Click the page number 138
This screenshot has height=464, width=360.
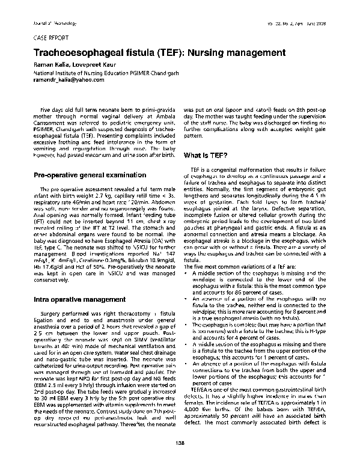[x=180, y=444]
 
